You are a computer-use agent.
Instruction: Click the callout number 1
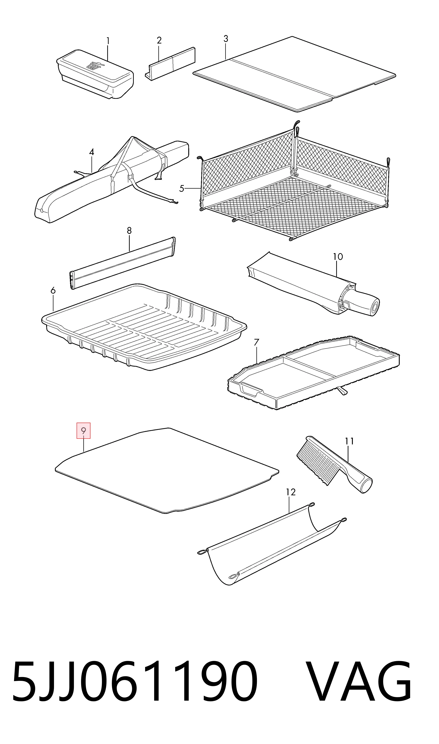pyautogui.click(x=108, y=41)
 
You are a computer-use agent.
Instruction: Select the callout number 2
pyautogui.click(x=159, y=40)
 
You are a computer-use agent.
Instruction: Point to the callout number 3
pyautogui.click(x=226, y=39)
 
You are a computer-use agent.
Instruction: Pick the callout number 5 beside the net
pyautogui.click(x=182, y=188)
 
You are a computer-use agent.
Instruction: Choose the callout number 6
pyautogui.click(x=53, y=290)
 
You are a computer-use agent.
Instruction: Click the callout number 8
pyautogui.click(x=129, y=231)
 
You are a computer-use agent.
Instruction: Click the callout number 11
pyautogui.click(x=349, y=441)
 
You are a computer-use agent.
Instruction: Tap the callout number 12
pyautogui.click(x=291, y=492)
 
